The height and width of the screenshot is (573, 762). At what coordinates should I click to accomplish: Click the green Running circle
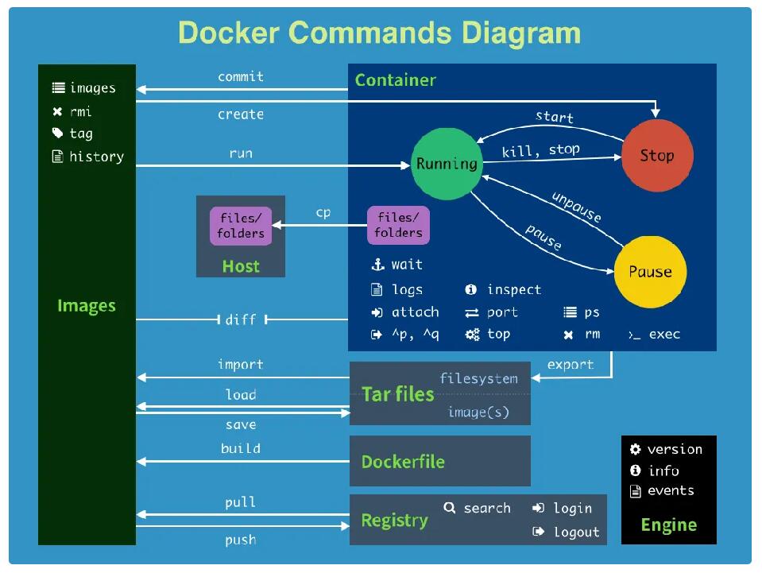(447, 164)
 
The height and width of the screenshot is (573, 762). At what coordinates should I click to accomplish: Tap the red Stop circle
(658, 156)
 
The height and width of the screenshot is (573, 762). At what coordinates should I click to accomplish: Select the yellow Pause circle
(650, 272)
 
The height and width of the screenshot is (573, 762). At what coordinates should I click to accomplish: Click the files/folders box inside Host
(241, 226)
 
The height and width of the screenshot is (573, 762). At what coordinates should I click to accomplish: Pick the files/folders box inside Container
(399, 225)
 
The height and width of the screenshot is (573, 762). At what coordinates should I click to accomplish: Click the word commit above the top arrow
(241, 77)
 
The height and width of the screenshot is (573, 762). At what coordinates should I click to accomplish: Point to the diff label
(241, 319)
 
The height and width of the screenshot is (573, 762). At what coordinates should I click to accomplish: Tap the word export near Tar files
(571, 365)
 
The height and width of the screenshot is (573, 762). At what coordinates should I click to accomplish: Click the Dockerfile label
(403, 462)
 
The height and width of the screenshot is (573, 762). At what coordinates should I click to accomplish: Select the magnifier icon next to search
(450, 508)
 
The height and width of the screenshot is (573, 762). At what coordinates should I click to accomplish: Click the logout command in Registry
(576, 532)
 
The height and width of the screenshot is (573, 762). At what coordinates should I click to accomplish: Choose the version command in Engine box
(675, 449)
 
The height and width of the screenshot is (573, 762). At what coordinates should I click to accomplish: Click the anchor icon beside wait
(377, 265)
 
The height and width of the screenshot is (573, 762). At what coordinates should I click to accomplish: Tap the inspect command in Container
(514, 289)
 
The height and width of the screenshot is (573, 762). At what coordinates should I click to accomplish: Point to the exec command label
(664, 335)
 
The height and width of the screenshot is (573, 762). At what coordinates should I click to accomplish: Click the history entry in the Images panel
(97, 157)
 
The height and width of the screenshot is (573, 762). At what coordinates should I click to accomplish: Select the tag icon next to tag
(57, 134)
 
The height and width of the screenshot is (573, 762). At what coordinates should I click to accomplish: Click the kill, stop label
(541, 151)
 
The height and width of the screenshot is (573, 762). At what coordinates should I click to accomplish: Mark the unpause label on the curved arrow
(577, 207)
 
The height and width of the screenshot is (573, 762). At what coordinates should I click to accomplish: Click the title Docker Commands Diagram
(380, 33)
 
